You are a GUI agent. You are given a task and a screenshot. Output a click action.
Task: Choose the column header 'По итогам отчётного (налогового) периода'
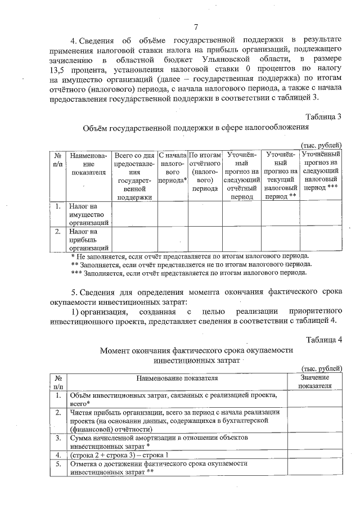pyautogui.click(x=203, y=172)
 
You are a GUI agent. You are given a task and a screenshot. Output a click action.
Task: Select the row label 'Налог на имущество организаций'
pyautogui.click(x=88, y=215)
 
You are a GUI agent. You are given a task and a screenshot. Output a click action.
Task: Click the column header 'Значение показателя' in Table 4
pyautogui.click(x=314, y=382)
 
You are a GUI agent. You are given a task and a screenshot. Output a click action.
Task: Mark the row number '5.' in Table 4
pyautogui.click(x=58, y=464)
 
